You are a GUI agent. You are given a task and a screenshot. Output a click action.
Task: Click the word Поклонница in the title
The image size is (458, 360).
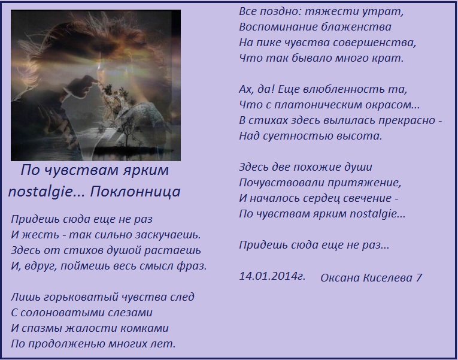pyautogui.click(x=135, y=192)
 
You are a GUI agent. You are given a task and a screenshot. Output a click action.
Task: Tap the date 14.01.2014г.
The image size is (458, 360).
pyautogui.click(x=272, y=276)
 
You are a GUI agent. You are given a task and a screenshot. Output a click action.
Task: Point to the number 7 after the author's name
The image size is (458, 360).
pyautogui.click(x=419, y=277)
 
